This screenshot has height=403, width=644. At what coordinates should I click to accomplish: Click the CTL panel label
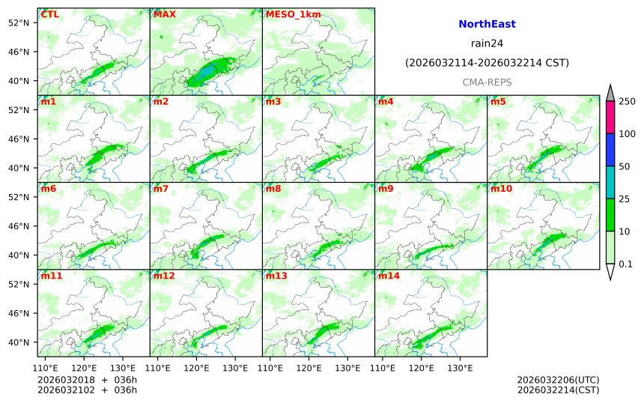tap(51, 14)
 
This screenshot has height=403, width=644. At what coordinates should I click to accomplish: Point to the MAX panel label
tap(165, 14)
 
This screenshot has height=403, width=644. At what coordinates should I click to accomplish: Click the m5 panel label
tap(499, 101)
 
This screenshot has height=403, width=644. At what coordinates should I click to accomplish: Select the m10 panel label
tap(502, 189)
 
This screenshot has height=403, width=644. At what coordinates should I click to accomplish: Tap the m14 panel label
tap(389, 276)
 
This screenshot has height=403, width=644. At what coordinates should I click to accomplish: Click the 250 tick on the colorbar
tap(627, 101)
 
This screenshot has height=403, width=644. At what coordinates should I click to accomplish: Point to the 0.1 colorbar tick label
tap(626, 264)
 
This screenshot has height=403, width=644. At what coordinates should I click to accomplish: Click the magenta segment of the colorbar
tap(610, 117)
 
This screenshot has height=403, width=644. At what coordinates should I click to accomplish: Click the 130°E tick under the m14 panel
tap(461, 368)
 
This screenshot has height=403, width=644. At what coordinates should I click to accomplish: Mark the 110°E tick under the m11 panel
tap(46, 368)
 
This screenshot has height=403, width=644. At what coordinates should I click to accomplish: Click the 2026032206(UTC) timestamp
tap(558, 380)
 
